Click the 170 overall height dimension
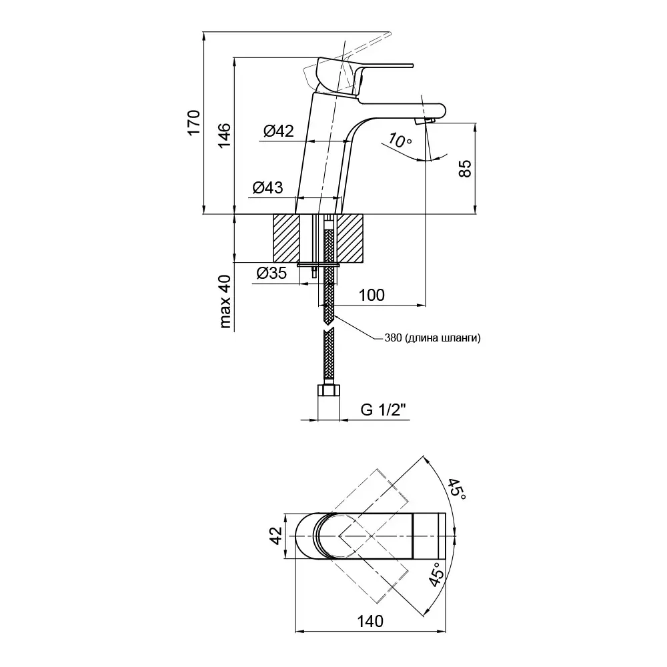pyautogui.click(x=193, y=122)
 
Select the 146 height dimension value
pyautogui.click(x=225, y=136)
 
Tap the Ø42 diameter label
pyautogui.click(x=278, y=131)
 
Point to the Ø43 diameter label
pyautogui.click(x=267, y=189)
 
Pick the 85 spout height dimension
pyautogui.click(x=466, y=167)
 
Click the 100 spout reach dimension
pyautogui.click(x=371, y=295)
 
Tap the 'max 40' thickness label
pyautogui.click(x=225, y=302)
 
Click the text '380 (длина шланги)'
pyautogui.click(x=432, y=338)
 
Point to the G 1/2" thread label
pyautogui.click(x=384, y=410)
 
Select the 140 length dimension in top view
pyautogui.click(x=370, y=621)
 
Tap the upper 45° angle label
pyautogui.click(x=457, y=492)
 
